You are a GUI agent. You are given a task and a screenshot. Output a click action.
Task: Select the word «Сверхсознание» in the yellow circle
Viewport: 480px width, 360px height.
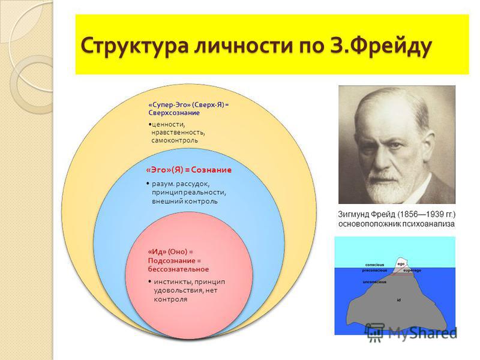(x=174, y=113)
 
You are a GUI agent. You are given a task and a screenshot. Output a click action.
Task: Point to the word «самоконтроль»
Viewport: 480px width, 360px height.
(x=175, y=140)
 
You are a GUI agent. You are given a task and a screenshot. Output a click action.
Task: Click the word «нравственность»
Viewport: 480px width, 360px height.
(x=178, y=132)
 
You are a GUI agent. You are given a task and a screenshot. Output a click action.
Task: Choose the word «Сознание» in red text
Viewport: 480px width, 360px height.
(x=211, y=170)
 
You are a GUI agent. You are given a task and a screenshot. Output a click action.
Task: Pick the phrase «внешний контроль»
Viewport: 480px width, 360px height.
(x=185, y=201)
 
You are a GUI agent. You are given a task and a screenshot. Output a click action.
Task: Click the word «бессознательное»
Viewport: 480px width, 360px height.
(x=178, y=269)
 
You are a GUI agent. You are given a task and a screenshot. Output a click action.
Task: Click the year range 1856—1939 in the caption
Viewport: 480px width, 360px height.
(x=419, y=214)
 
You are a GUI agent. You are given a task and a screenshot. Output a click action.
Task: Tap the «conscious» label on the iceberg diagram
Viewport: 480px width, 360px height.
(x=374, y=265)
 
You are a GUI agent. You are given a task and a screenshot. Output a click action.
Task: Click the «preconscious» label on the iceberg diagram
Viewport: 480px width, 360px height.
(x=374, y=271)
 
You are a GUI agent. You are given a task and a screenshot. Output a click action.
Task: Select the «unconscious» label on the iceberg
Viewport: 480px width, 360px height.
(x=374, y=282)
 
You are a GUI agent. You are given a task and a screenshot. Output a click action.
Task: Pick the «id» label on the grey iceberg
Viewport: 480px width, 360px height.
(x=398, y=300)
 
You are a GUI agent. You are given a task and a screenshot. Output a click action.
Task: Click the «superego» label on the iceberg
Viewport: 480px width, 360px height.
(x=412, y=271)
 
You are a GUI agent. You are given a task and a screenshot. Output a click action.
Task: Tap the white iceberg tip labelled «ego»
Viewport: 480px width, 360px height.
(x=401, y=263)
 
